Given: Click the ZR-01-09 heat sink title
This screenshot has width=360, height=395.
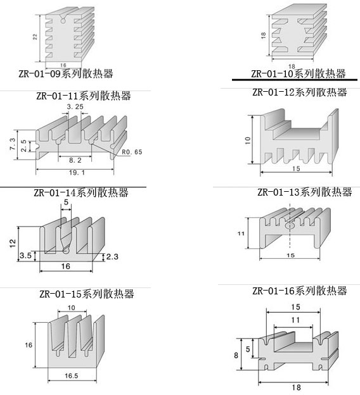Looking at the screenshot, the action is point(65,73).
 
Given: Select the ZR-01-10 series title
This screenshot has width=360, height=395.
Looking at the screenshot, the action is point(298,73).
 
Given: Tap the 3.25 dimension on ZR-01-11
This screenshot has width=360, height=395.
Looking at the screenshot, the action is point(75,107).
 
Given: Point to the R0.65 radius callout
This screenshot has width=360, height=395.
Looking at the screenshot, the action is point(132,152).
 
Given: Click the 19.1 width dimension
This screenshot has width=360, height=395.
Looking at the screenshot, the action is point(77,173).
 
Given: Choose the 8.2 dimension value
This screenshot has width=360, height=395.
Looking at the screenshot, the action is point(75,160).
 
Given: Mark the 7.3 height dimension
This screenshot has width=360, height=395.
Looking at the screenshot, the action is point(13,144).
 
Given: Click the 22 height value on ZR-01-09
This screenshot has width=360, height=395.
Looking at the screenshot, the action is point(35,37).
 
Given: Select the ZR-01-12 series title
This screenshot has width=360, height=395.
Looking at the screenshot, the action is point(299,92).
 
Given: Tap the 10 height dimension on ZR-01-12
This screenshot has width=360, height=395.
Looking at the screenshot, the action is point(248,141).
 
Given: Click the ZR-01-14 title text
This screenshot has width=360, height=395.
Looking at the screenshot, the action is point(81,192).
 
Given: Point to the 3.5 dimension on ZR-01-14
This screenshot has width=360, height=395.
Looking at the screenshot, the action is point(26,256).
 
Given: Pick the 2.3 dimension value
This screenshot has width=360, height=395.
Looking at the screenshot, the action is point(112,257).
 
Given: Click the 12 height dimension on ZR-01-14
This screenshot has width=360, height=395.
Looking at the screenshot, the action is point(13,243).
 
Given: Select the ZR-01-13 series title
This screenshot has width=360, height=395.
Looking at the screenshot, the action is point(304,192).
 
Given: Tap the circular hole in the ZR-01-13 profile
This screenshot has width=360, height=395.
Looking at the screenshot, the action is point(290,226).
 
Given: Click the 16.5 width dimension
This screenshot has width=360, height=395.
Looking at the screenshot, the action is point(72,376).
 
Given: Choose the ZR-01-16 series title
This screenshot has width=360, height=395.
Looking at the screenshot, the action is point(299,291).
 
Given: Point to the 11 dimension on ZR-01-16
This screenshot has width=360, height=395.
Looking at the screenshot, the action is point(295,320).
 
